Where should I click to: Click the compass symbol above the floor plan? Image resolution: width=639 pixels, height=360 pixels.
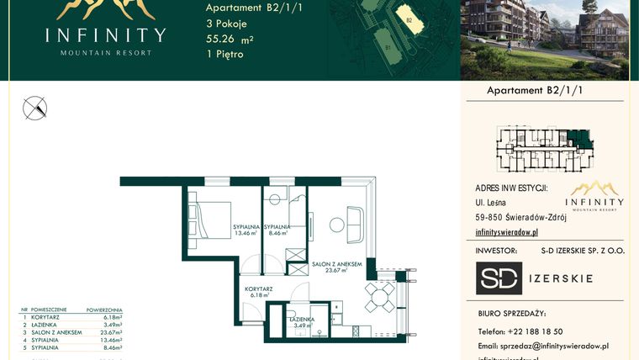(x=35, y=108)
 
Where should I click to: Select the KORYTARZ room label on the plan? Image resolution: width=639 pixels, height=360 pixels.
(x=259, y=292)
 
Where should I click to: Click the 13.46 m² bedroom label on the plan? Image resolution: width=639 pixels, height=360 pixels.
(x=246, y=230)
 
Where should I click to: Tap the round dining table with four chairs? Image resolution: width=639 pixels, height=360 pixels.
(x=381, y=294)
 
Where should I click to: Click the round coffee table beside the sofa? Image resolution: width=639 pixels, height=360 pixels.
(x=335, y=224)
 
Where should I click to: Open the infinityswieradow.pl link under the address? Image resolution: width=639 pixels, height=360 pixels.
(x=506, y=231)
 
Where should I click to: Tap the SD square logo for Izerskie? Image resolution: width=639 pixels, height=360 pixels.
(x=499, y=278)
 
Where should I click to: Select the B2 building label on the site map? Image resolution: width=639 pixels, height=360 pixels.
(x=409, y=19)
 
